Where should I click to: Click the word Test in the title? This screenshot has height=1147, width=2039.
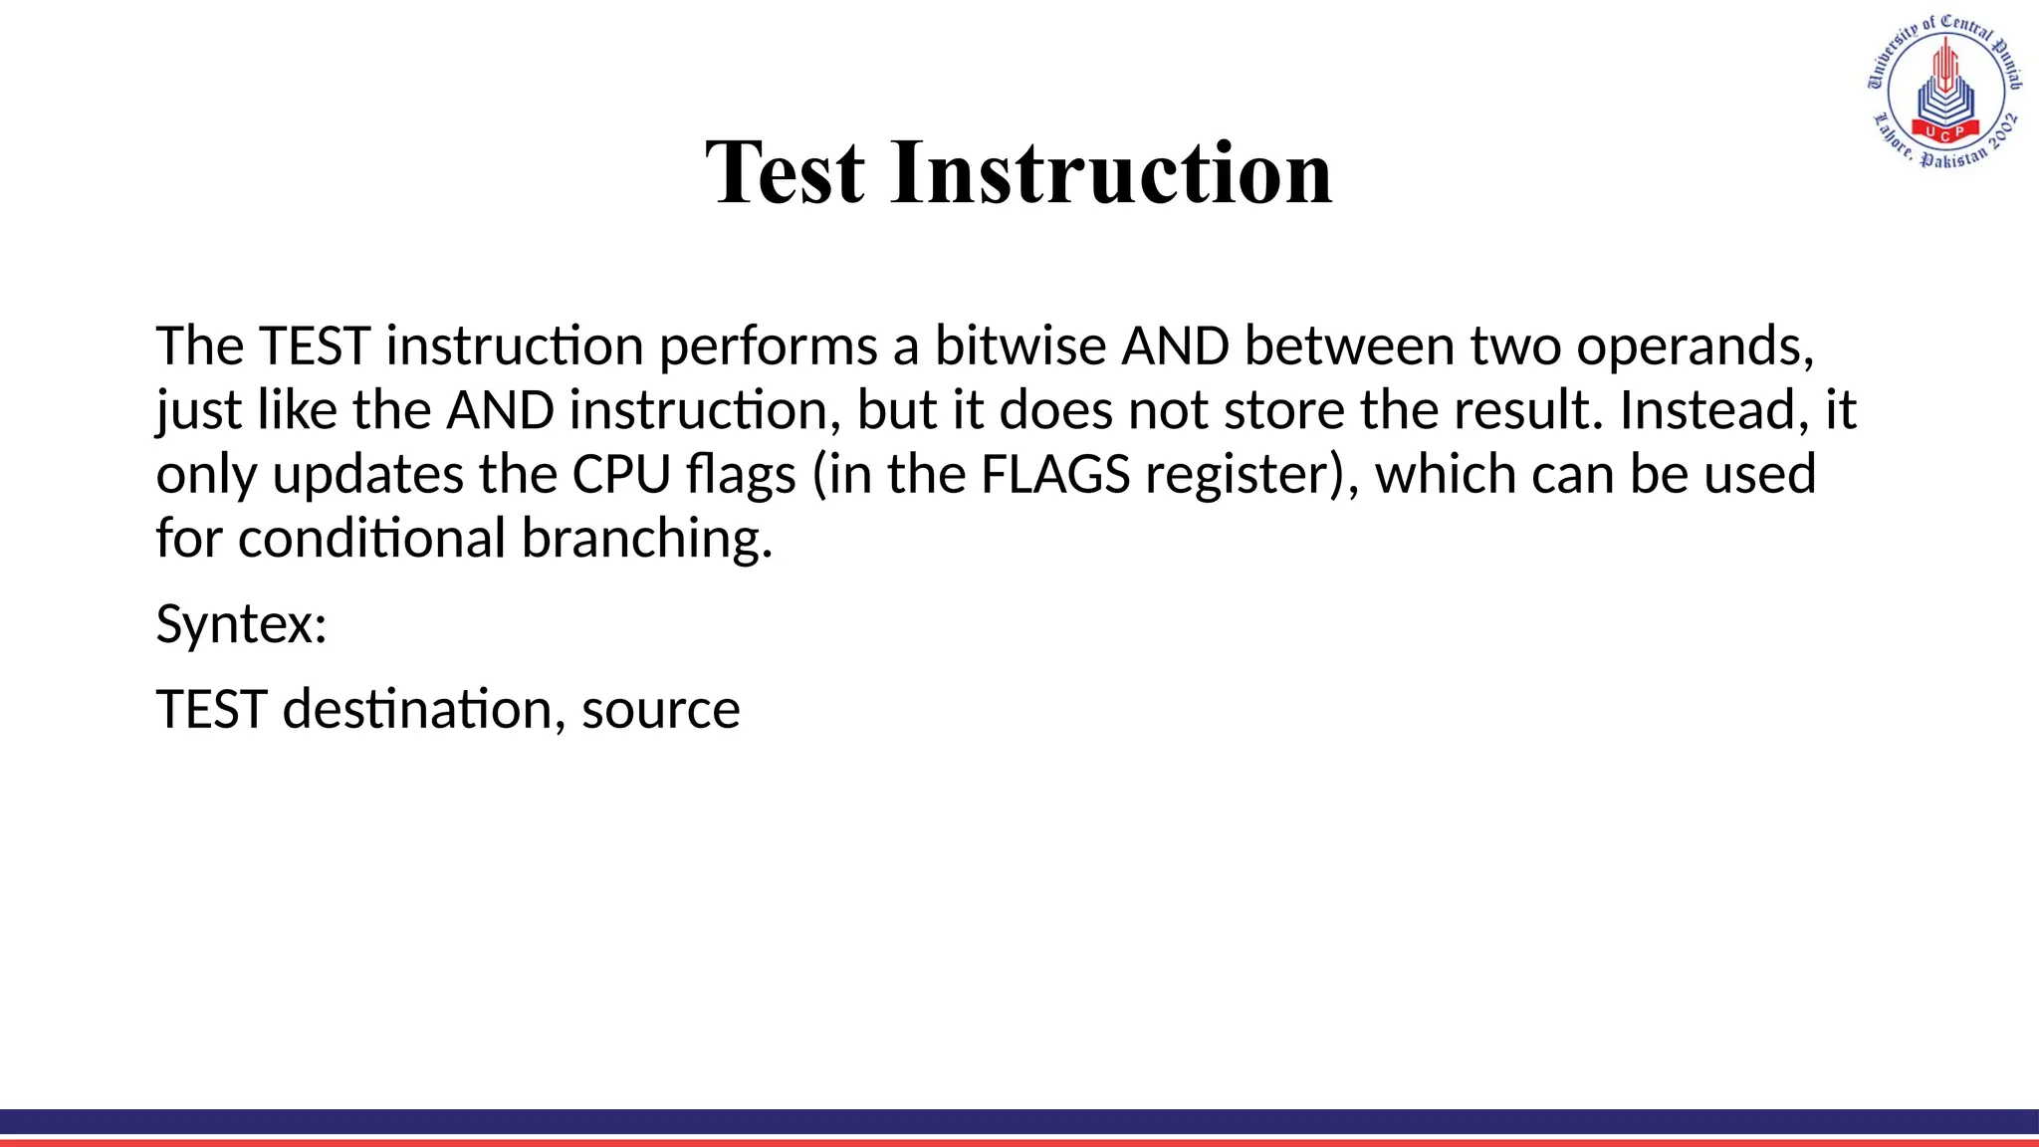pyautogui.click(x=785, y=173)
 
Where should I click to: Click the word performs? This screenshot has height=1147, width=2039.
pyautogui.click(x=768, y=347)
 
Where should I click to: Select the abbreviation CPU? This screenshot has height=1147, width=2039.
pyautogui.click(x=621, y=474)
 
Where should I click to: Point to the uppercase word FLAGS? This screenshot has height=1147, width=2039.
pyautogui.click(x=1055, y=474)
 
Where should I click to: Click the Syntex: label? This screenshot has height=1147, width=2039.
pyautogui.click(x=242, y=624)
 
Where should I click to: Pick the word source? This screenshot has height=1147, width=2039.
pyautogui.click(x=661, y=711)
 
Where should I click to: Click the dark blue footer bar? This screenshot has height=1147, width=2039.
pyautogui.click(x=1019, y=1121)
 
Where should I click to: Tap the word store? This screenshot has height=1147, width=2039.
pyautogui.click(x=1283, y=409)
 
